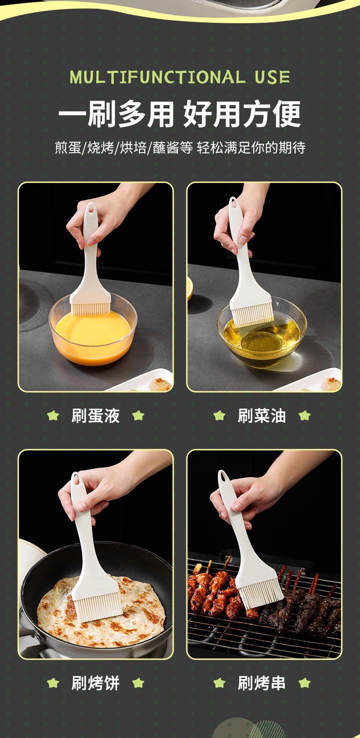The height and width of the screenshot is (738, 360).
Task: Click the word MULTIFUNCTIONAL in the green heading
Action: point(158,77)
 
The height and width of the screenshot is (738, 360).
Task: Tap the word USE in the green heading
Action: point(272,77)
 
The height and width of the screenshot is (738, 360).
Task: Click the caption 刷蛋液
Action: point(96,415)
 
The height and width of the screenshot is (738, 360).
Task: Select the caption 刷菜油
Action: point(262,415)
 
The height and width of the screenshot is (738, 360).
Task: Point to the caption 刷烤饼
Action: point(96,683)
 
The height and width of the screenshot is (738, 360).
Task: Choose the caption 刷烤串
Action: point(262,683)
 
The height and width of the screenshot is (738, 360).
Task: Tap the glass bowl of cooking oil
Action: point(262,336)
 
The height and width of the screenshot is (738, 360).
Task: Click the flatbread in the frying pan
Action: point(101,612)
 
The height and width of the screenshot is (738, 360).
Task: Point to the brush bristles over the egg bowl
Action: point(91,309)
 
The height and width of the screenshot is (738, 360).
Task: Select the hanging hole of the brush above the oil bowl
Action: point(233,203)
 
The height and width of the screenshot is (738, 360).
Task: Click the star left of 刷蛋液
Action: point(53,415)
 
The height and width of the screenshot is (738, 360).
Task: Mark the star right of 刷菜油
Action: point(304,415)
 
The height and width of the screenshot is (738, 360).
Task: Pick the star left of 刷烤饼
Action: point(53,683)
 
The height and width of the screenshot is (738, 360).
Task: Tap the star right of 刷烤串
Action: point(304,683)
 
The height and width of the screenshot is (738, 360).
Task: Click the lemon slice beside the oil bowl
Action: point(190,289)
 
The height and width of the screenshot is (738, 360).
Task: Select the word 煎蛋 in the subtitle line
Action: point(68,147)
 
